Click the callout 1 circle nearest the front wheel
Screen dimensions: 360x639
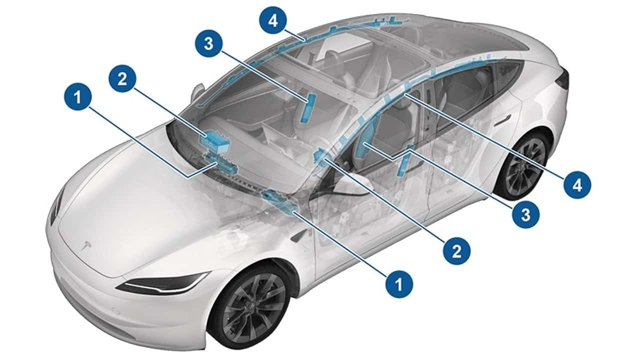398,281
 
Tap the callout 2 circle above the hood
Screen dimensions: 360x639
123,77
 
